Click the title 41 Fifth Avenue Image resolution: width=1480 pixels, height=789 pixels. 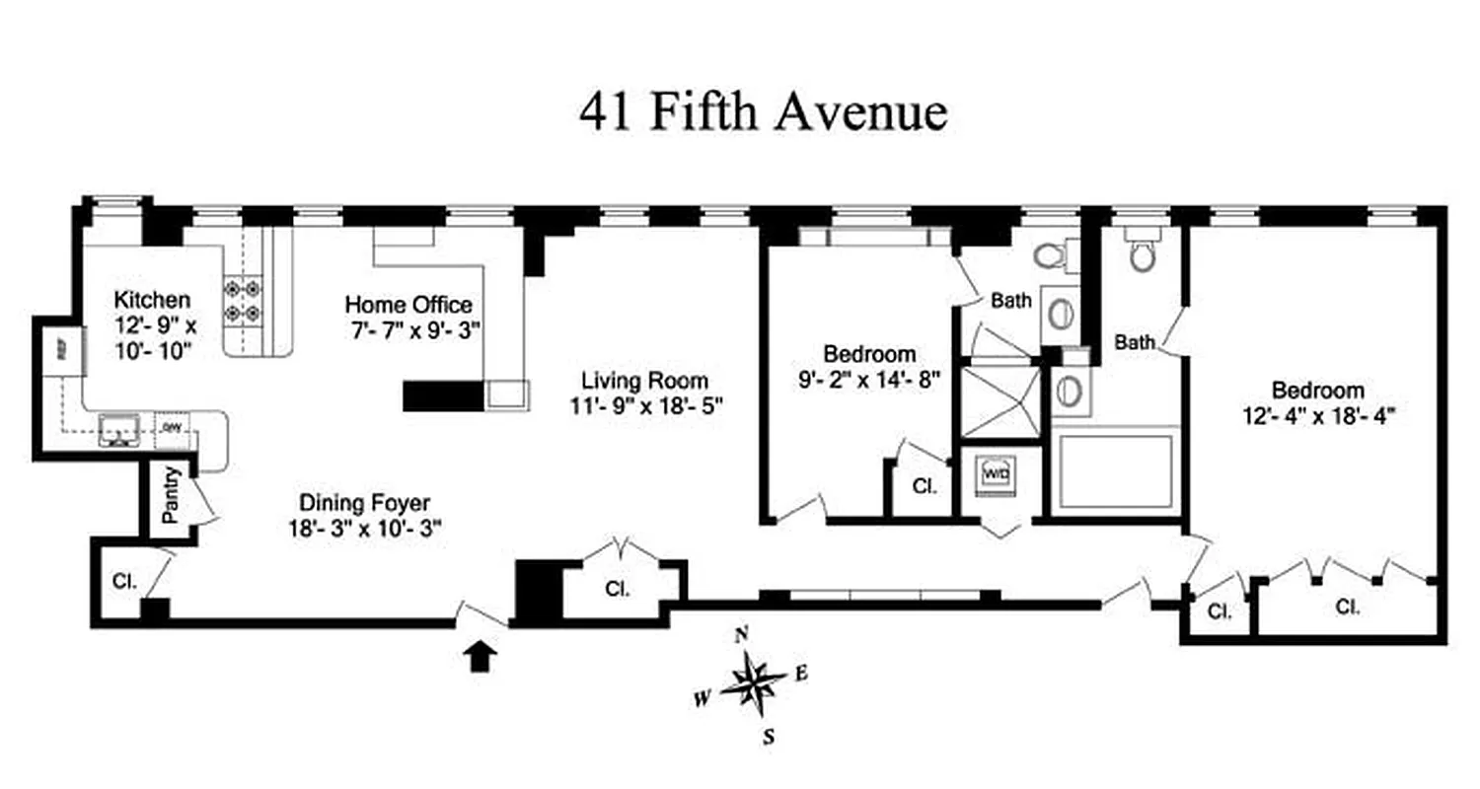762,111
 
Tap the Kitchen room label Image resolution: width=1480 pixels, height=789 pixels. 151,299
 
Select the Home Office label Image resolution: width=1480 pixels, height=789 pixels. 407,305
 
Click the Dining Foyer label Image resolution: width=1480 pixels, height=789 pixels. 365,503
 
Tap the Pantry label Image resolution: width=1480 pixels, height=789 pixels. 170,495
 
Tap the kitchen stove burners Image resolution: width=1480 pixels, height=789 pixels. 243,301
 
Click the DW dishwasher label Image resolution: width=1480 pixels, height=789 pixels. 172,427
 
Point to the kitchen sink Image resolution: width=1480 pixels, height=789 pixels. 119,429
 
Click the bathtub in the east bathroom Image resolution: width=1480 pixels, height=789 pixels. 1115,471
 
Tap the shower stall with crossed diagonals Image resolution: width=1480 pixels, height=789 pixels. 1000,400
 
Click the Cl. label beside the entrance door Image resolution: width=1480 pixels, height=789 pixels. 618,589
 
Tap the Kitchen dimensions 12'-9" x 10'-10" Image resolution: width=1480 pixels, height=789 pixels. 151,335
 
